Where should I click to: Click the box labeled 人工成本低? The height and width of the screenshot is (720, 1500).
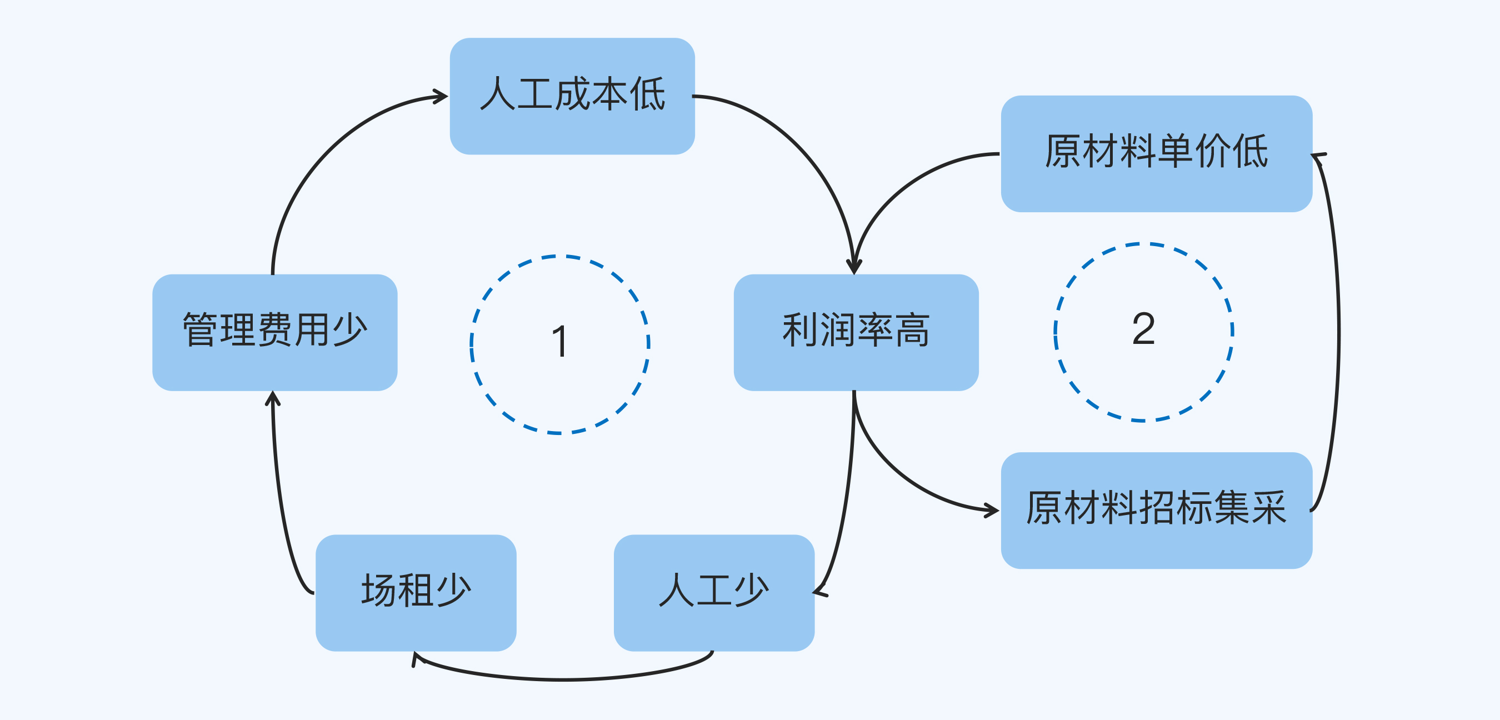[572, 96]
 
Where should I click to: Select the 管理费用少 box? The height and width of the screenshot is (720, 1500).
[274, 332]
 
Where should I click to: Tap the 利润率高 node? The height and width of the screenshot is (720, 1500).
[856, 332]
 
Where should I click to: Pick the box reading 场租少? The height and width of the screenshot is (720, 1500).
[416, 592]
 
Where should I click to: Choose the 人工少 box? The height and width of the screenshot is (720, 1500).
[714, 592]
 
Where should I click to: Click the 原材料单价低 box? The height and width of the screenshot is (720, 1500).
[1156, 153]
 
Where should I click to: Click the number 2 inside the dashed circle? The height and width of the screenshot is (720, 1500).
[1143, 329]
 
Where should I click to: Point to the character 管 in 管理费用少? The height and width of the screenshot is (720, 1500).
[201, 331]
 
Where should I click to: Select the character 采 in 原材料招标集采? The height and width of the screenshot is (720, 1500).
[1269, 508]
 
